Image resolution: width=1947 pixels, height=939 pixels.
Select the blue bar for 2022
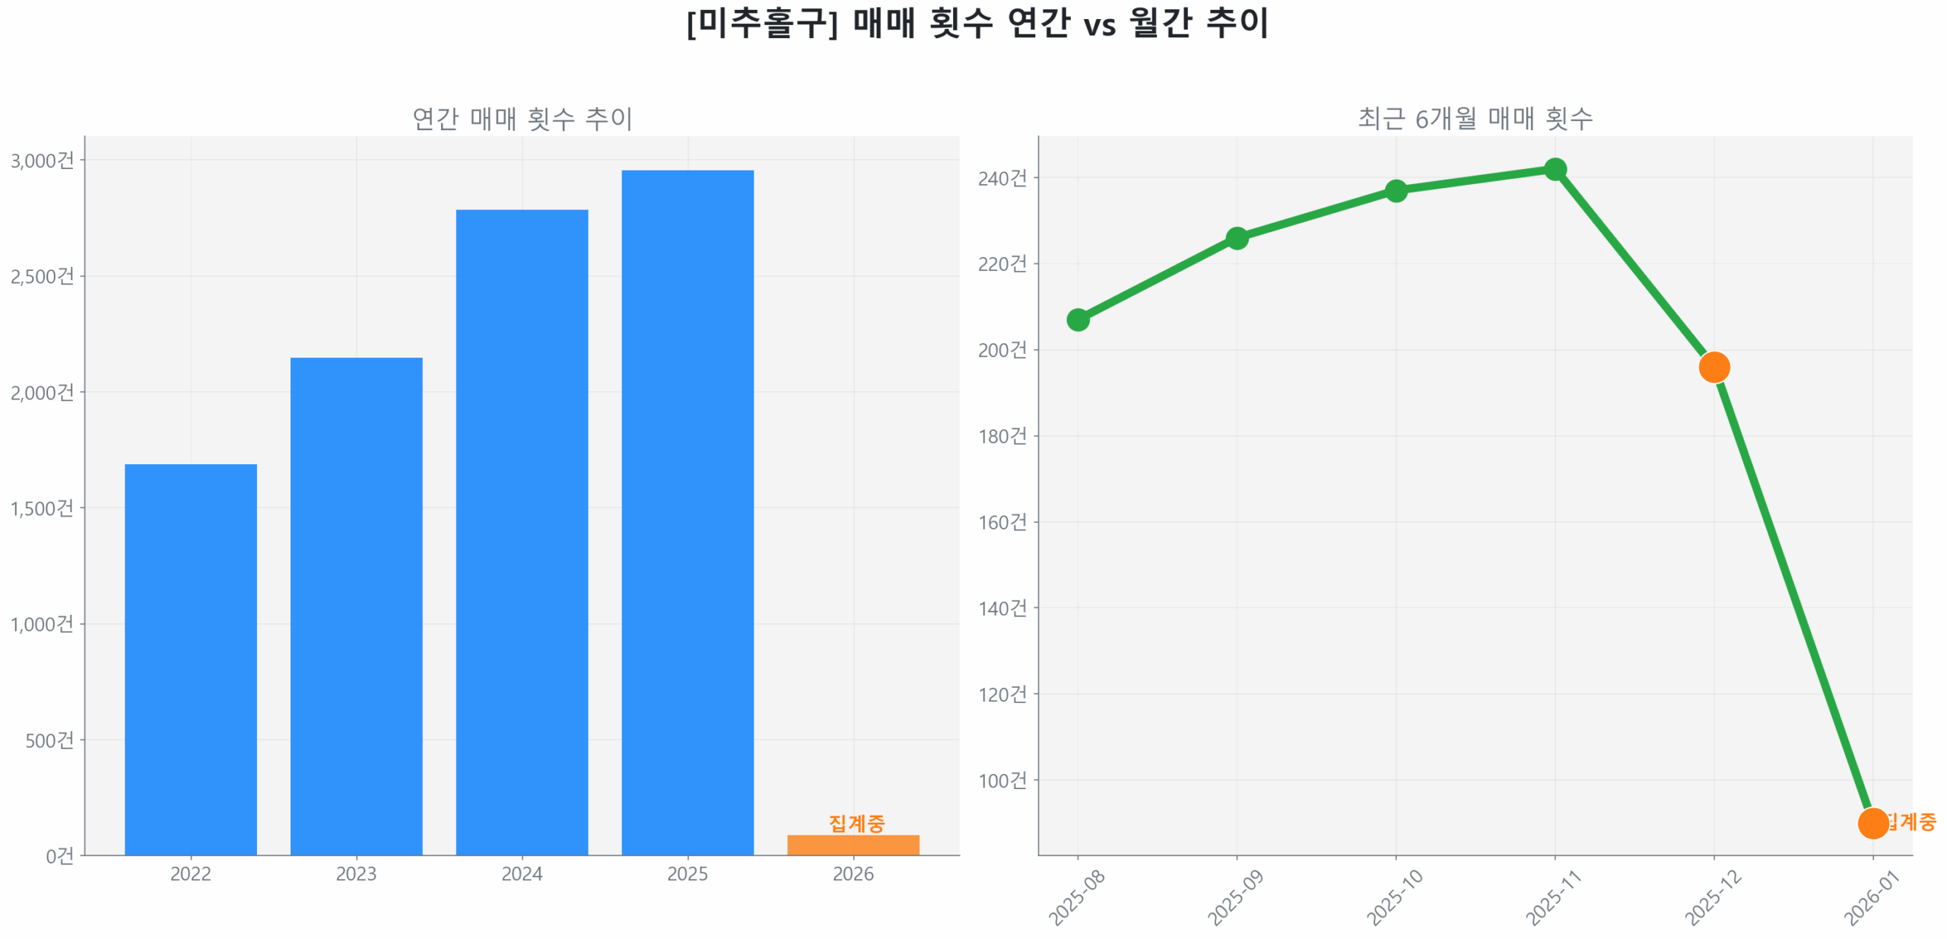point(190,658)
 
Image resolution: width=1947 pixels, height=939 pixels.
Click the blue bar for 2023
point(356,605)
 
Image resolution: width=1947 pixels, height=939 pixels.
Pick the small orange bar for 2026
point(853,844)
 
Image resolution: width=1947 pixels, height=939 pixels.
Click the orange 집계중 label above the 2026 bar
point(856,822)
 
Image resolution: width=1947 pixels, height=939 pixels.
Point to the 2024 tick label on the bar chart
point(522,873)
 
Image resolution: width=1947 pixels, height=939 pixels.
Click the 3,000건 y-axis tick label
point(42,161)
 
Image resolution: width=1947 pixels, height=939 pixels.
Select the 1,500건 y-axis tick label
point(42,508)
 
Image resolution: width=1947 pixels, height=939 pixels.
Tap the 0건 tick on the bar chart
point(59,856)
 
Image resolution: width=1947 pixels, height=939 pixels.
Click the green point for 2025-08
point(1077,320)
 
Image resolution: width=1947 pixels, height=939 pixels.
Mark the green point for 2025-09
point(1237,238)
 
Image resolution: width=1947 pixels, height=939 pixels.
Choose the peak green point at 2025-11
point(1555,169)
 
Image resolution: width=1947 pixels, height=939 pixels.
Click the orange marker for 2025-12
point(1714,367)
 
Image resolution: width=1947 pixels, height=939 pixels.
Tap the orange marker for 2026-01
point(1872,823)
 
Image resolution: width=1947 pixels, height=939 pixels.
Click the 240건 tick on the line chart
point(1002,178)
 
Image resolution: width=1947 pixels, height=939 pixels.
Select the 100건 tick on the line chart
point(1002,780)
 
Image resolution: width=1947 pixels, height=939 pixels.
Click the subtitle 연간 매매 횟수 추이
point(522,119)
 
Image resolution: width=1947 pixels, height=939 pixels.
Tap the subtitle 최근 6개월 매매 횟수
point(1475,119)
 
